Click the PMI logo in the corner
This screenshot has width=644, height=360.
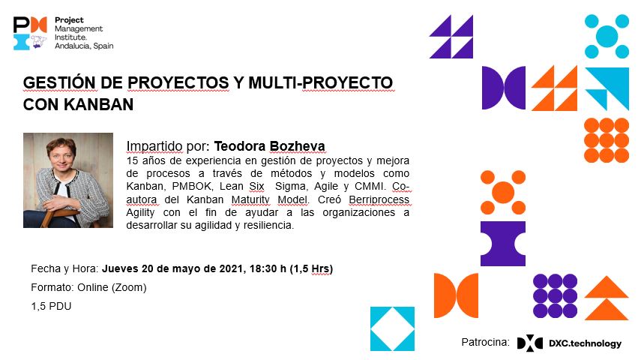tap(30, 33)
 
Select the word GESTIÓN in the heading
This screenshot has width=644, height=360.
tap(60, 82)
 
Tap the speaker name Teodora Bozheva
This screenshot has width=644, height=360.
tap(269, 146)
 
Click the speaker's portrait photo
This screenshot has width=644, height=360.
tap(68, 180)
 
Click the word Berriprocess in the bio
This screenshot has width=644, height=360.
tap(379, 199)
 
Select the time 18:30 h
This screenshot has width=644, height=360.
tap(268, 268)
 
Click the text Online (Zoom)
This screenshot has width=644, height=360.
tap(112, 287)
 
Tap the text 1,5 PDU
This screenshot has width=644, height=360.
tap(51, 306)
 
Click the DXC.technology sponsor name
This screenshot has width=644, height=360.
tap(585, 343)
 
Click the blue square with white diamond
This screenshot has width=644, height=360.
tap(392, 328)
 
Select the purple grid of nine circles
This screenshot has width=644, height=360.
tap(555, 296)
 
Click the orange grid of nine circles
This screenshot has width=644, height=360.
tap(607, 140)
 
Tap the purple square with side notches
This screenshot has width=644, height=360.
tap(503, 244)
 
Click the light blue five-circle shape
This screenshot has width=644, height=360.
tap(607, 37)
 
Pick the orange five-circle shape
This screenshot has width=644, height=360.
tap(503, 192)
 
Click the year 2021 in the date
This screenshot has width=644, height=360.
tap(232, 268)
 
